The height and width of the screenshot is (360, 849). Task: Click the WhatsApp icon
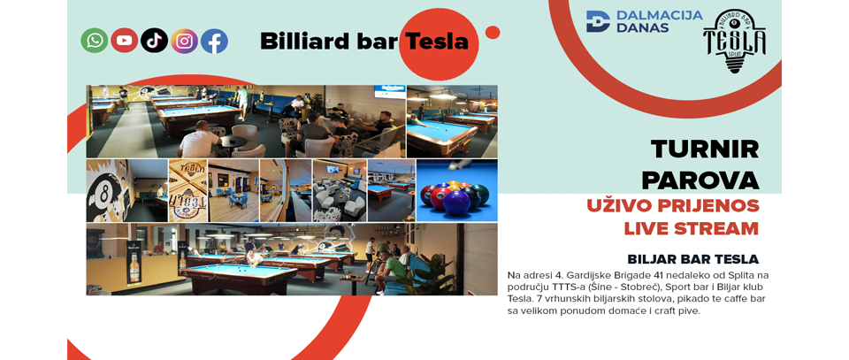95,41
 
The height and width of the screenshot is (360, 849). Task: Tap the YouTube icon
125,41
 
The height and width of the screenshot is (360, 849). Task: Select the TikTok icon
154,41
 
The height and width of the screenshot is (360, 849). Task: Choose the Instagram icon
185,41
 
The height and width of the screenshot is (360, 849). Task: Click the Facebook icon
214,41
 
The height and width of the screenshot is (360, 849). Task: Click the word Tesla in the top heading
436,42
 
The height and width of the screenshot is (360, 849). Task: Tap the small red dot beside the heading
493,33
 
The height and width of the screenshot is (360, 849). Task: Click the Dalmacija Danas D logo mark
598,21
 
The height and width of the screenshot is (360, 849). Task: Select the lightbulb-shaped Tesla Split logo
734,42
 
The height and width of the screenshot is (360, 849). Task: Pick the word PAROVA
700,180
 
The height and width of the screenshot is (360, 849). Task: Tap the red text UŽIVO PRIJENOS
673,206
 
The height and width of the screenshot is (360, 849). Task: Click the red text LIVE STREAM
692,228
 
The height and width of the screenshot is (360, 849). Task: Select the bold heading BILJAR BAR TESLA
693,259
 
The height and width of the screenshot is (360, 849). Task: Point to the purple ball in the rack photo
456,203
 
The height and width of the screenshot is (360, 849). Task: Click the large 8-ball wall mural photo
126,190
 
